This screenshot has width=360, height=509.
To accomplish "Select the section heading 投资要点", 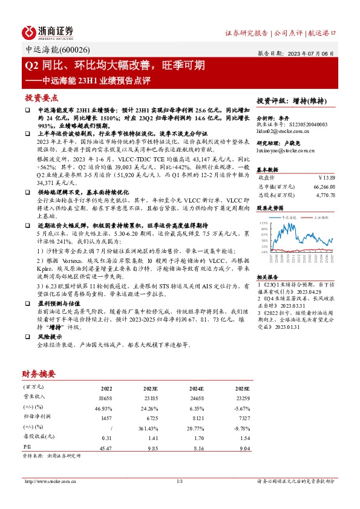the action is (x=41, y=98).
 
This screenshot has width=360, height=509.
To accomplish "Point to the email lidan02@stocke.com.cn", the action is (x=283, y=131).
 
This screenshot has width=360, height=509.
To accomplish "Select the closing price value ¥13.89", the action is (x=326, y=178).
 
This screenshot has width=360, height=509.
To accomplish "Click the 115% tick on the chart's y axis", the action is (x=264, y=224).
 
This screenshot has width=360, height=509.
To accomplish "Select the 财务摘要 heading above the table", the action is (x=39, y=374).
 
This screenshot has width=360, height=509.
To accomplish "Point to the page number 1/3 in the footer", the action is (x=180, y=481).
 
